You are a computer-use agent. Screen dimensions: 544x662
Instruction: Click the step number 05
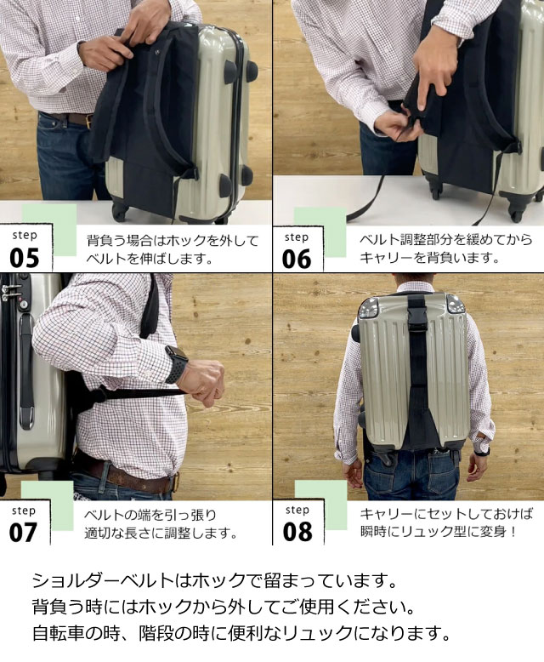[x=25, y=258]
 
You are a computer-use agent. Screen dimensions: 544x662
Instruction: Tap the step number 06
[x=297, y=260]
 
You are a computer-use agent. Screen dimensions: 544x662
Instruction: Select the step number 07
[x=24, y=533]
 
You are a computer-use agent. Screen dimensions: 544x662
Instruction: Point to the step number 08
[x=297, y=532]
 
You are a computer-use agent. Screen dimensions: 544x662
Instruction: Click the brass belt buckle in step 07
[x=176, y=482]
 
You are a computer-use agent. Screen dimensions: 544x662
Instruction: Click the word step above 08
[x=297, y=510]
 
